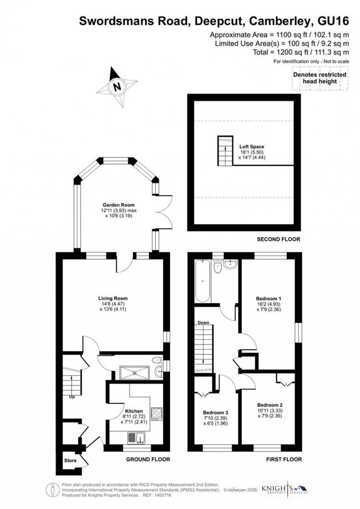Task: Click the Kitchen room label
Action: coord(134,411)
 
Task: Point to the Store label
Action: coord(70,461)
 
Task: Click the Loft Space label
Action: coord(252,147)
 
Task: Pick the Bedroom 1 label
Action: coord(269,298)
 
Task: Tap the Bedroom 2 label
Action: coord(270,405)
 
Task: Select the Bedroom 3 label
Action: coord(215,413)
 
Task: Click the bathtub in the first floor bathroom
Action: coord(203,281)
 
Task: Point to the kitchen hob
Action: coord(156,414)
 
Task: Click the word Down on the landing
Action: coord(204,323)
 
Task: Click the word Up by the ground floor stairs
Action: coord(72,397)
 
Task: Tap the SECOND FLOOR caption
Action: coord(278,239)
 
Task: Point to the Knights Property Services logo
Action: coord(284,490)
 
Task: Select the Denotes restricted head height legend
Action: coord(320,78)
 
